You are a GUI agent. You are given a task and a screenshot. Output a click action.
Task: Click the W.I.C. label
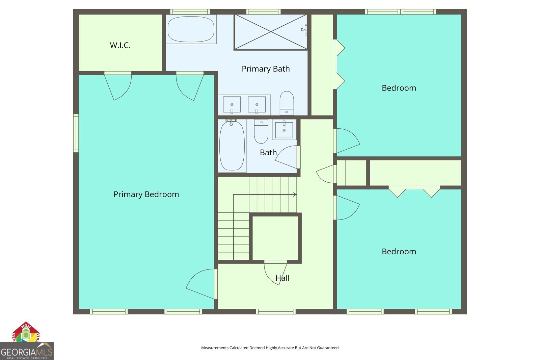pyautogui.click(x=120, y=45)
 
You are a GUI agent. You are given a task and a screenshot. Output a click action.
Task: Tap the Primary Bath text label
pyautogui.click(x=266, y=69)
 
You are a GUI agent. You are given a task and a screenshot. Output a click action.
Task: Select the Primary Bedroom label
pyautogui.click(x=146, y=194)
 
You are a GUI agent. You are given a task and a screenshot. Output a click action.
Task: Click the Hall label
pyautogui.click(x=282, y=278)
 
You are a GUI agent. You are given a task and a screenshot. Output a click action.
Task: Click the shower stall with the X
pyautogui.click(x=271, y=32)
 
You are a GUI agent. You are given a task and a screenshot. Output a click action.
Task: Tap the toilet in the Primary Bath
pyautogui.click(x=287, y=103)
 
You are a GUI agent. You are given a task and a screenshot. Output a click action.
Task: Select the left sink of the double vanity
pyautogui.click(x=232, y=104)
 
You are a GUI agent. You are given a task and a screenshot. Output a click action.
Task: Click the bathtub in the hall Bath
pyautogui.click(x=232, y=146)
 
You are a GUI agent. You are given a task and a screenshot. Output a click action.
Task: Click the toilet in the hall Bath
pyautogui.click(x=261, y=131)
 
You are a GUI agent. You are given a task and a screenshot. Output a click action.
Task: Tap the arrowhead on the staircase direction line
pyautogui.click(x=295, y=195)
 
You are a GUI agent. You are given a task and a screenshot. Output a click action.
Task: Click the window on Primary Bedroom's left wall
pyautogui.click(x=76, y=133)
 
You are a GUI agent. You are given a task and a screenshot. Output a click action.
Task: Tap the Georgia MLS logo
pyautogui.click(x=27, y=351)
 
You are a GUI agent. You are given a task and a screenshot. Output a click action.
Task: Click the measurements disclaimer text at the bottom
pyautogui.click(x=270, y=348)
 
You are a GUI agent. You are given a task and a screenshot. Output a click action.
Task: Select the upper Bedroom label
pyautogui.click(x=399, y=88)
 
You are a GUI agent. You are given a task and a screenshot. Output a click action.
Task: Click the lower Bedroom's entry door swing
pyautogui.click(x=347, y=207)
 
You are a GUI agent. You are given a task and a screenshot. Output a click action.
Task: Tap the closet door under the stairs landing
pyautogui.click(x=276, y=272)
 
